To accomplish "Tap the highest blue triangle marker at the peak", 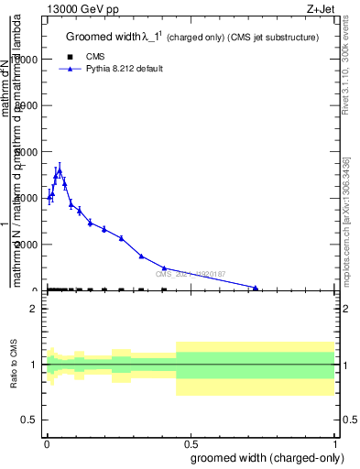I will pos(59,170).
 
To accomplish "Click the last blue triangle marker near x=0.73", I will pos(256,288).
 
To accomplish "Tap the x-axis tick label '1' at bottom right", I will pos(336,444).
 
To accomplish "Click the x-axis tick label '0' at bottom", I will pos(46,444).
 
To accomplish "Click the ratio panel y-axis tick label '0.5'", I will pos(29,420).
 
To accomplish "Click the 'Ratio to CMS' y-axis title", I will pos(14,365).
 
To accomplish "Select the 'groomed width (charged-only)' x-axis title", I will pos(267,457).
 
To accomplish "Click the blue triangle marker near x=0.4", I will pos(163,268).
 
